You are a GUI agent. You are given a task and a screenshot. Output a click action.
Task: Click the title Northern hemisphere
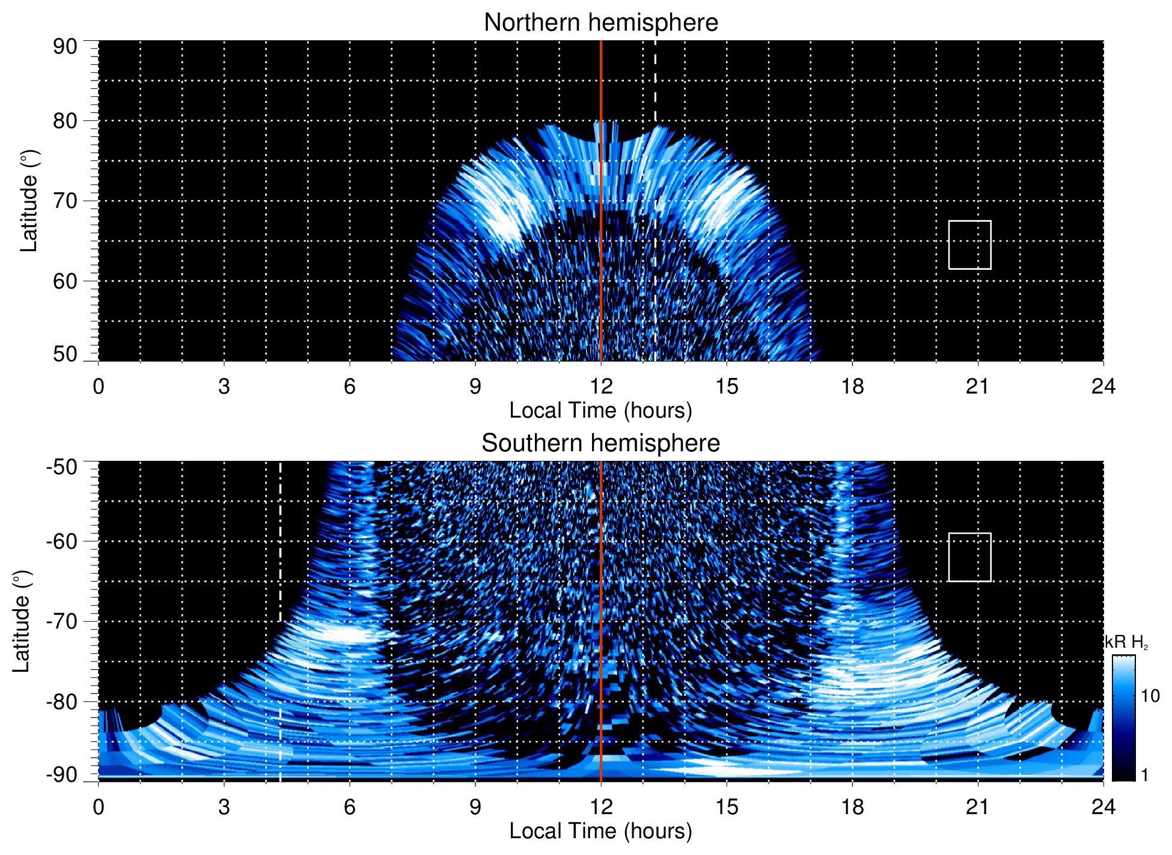click(x=600, y=23)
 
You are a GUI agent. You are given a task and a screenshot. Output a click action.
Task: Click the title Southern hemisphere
click(x=600, y=443)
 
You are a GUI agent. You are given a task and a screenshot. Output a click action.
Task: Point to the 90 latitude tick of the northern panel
click(x=65, y=46)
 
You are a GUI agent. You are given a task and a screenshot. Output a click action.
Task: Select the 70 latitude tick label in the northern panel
click(x=65, y=201)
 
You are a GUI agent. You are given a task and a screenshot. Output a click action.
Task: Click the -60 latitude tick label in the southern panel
click(x=62, y=541)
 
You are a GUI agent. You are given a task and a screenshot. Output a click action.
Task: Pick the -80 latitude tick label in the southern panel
click(x=62, y=701)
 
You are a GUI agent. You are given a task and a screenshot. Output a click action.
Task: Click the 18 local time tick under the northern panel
click(x=852, y=386)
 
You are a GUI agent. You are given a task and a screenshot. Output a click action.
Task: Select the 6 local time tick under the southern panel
click(x=350, y=807)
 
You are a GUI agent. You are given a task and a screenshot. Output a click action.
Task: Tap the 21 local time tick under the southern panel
click(x=978, y=807)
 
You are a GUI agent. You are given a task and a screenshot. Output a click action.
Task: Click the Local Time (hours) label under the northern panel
click(x=600, y=410)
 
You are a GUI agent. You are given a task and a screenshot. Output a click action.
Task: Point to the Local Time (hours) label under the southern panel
click(x=600, y=831)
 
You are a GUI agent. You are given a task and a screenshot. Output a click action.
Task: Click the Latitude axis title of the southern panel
click(x=22, y=621)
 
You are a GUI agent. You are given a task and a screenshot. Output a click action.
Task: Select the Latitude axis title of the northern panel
click(x=29, y=201)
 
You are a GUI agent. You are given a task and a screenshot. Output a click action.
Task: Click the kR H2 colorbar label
click(x=1126, y=642)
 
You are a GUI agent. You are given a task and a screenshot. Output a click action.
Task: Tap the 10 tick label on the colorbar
click(x=1150, y=696)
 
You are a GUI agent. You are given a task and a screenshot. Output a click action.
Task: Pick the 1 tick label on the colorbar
click(x=1144, y=774)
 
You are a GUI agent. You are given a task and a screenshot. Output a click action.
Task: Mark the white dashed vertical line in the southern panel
click(x=280, y=541)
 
